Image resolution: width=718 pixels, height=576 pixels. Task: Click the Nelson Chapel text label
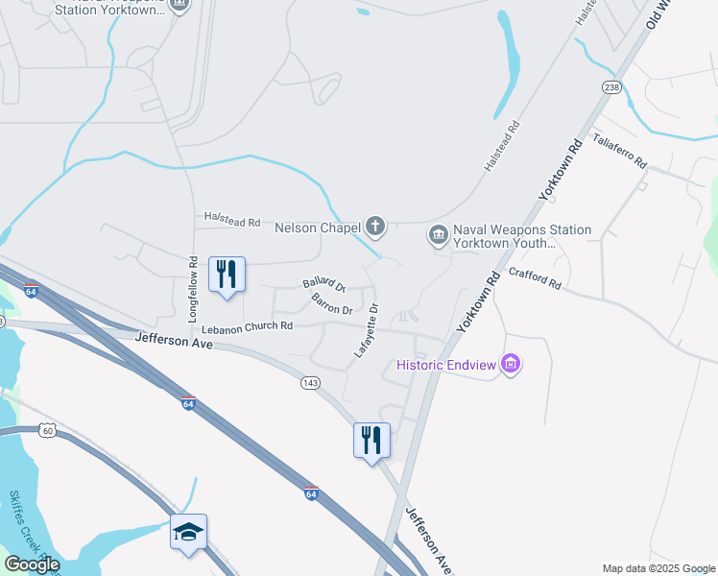[317, 228]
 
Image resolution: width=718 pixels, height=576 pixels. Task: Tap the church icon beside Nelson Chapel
[375, 228]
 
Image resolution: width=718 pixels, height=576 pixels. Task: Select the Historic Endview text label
[447, 366]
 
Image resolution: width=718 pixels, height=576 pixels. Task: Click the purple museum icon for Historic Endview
[512, 365]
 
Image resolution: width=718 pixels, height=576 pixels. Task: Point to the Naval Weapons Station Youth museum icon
[438, 234]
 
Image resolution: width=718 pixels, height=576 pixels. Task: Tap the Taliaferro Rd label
[619, 150]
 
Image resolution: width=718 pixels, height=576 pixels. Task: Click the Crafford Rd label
[536, 277]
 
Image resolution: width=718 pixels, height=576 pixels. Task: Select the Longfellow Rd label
[193, 288]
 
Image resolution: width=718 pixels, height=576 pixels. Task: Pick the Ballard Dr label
[323, 283]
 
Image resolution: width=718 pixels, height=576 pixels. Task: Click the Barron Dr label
[332, 305]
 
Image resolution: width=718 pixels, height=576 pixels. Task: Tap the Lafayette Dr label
[367, 331]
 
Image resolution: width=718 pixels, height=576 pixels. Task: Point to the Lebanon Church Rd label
[247, 327]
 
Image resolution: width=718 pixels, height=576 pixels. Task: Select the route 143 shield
[309, 382]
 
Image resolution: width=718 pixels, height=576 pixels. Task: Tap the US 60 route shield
[47, 430]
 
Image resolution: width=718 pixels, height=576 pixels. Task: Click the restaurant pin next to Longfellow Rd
[227, 276]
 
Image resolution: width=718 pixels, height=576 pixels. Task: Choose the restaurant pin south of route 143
[371, 441]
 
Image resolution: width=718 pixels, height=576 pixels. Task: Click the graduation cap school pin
[189, 533]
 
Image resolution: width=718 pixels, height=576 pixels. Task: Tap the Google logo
[32, 564]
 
